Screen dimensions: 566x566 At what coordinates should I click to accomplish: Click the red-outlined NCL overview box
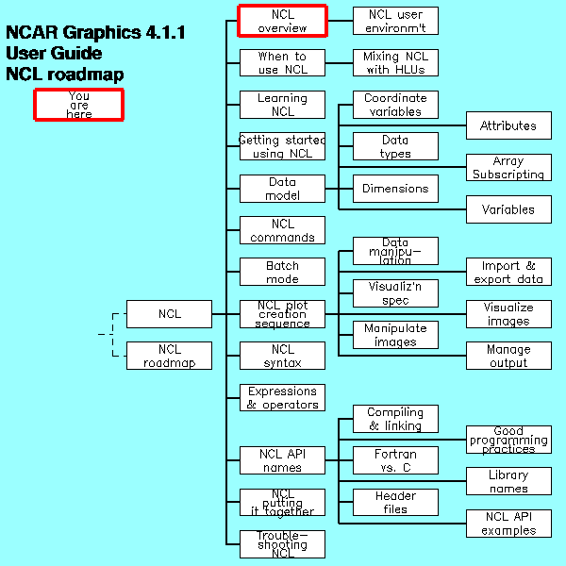point(282,21)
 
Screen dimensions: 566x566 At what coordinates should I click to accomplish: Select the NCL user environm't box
point(395,21)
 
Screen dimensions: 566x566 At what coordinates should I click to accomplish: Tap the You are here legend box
point(79,105)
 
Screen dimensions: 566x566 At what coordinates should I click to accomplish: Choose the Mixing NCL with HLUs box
point(395,63)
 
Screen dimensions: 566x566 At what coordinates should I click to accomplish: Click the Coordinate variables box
point(395,105)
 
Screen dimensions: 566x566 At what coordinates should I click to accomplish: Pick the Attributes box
point(508,125)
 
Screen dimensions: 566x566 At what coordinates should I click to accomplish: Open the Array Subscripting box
point(508,168)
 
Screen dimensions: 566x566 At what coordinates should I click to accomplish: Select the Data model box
point(282,189)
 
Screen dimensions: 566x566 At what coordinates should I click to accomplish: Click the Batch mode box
point(282,273)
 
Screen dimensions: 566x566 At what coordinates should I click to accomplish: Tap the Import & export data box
point(508,273)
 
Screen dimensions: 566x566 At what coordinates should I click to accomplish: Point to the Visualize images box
point(508,314)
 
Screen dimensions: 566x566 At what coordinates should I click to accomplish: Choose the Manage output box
point(508,356)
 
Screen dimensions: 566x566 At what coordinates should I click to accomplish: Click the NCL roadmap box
point(169,356)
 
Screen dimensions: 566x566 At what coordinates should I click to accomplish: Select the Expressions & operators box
point(282,398)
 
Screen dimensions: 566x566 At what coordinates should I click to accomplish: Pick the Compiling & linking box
point(395,419)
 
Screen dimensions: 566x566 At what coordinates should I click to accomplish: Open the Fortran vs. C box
point(395,460)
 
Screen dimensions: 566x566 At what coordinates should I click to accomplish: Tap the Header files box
point(395,502)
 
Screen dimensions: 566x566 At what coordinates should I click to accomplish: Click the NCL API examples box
point(508,524)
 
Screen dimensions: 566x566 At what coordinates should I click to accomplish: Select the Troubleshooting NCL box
point(282,544)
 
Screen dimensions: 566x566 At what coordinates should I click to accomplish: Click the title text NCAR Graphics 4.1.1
point(95,33)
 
